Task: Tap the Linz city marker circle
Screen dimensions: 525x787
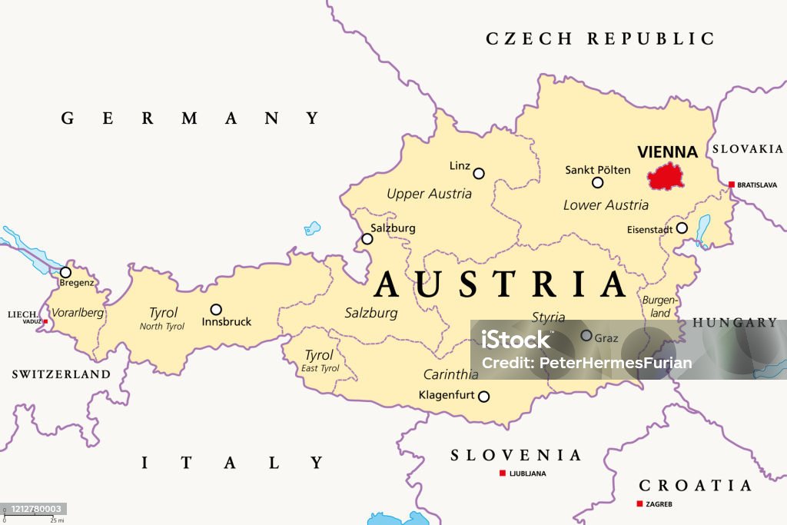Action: click(479, 174)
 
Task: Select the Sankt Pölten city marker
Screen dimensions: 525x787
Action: click(597, 183)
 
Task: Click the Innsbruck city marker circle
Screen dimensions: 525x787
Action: click(216, 309)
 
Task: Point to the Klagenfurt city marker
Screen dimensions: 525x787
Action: click(483, 397)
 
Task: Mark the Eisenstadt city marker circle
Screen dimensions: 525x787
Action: click(681, 228)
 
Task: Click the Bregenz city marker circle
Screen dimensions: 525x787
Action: click(66, 272)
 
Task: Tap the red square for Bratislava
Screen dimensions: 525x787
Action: click(730, 184)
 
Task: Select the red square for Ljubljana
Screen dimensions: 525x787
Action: click(503, 473)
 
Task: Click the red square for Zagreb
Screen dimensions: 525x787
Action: click(639, 503)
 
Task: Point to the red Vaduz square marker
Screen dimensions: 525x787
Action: click(45, 321)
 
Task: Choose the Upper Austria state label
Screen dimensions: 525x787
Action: click(429, 194)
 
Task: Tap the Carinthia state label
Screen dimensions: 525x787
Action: click(450, 375)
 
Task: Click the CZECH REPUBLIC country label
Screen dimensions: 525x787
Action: click(600, 38)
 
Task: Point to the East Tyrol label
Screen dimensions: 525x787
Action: click(319, 368)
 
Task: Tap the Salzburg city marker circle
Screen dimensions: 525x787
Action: click(367, 239)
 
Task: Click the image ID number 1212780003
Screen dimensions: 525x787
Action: click(33, 509)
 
